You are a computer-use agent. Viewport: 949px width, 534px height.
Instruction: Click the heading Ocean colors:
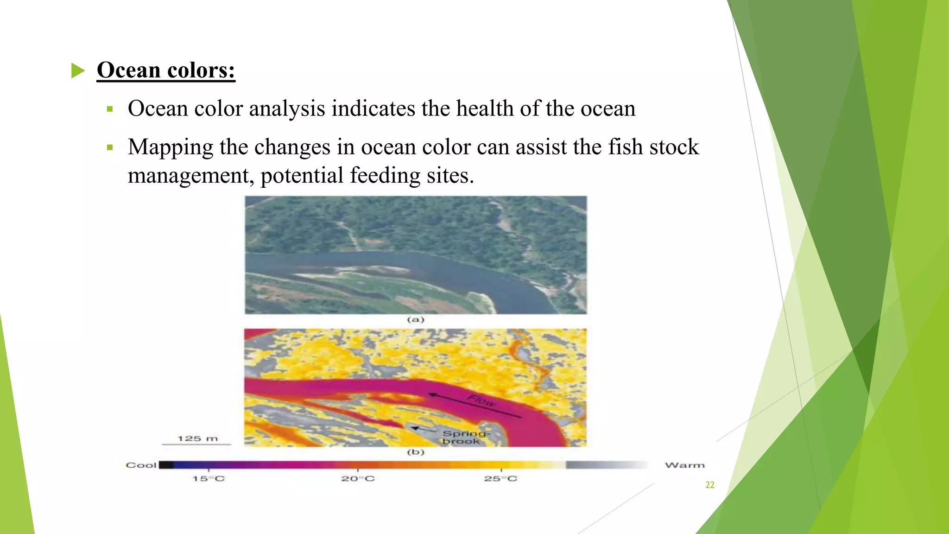(x=166, y=70)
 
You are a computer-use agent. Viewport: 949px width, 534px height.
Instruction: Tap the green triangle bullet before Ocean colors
(x=78, y=71)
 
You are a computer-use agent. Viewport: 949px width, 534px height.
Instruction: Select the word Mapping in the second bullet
(x=170, y=147)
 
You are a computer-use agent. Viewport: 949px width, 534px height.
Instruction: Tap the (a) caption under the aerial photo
(x=416, y=319)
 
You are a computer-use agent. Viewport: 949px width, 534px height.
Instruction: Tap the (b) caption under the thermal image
(x=416, y=452)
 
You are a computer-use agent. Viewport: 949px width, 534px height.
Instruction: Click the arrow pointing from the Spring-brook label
(x=422, y=429)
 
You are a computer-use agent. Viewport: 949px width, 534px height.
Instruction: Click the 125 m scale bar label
(x=197, y=439)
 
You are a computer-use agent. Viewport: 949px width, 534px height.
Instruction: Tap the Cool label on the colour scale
(x=141, y=465)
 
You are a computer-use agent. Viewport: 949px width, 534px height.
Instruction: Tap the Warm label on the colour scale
(x=684, y=465)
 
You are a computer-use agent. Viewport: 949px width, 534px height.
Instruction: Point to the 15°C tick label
(x=209, y=479)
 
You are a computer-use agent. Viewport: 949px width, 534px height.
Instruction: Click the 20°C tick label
(x=358, y=479)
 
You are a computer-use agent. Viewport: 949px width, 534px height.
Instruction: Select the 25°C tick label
(x=500, y=479)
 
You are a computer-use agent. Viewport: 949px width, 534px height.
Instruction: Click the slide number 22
(x=710, y=485)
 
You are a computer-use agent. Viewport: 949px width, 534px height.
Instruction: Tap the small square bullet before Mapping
(x=110, y=148)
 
